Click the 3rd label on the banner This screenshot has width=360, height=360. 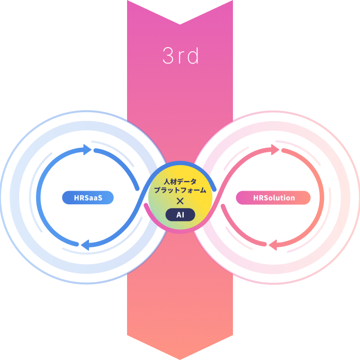[181, 56]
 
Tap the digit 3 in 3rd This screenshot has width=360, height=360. [168, 56]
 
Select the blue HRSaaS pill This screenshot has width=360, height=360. [88, 198]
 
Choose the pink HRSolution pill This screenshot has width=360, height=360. [273, 198]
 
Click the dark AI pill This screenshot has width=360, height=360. [180, 214]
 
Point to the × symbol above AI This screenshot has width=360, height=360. [180, 201]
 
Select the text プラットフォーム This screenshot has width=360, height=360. [180, 190]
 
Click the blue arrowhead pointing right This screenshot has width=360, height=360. [86, 150]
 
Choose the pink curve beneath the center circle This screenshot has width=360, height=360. [180, 231]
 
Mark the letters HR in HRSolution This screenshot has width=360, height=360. [258, 198]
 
